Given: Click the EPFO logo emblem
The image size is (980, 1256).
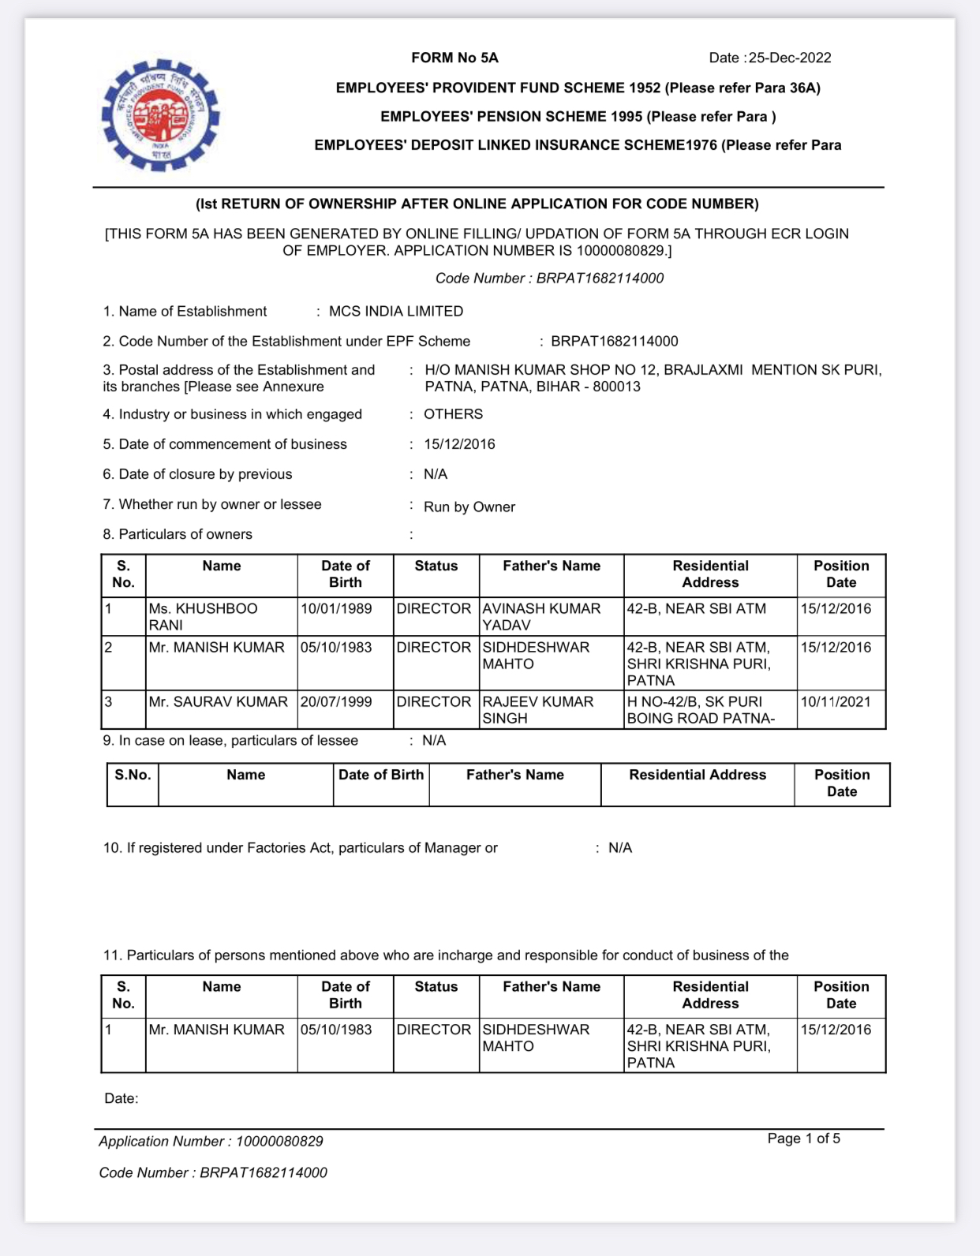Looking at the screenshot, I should pos(160,115).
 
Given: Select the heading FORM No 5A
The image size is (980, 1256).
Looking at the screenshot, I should pos(454,58).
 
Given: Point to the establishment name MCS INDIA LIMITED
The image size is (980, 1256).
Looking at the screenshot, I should pos(395,312).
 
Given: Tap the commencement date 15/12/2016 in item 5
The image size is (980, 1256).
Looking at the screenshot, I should pos(459,444).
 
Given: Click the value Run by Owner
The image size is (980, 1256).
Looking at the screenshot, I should pos(469,507).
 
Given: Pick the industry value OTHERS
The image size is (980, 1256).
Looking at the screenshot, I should pos(453,414).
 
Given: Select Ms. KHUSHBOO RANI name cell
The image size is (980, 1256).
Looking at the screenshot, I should pos(203,617).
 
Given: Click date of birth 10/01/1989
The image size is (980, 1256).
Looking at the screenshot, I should pos(336,609).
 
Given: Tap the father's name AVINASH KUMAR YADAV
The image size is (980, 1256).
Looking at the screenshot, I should pos(541,617).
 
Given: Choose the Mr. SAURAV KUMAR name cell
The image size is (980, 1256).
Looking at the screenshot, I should pos(218,702).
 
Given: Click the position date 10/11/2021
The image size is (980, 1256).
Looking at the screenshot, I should pos(836,702).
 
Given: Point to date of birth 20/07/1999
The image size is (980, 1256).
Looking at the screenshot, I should pos(336,702).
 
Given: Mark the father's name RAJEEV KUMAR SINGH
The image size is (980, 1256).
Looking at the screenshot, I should pos(537,710).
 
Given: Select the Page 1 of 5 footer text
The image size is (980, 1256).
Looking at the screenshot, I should pos(803,1138).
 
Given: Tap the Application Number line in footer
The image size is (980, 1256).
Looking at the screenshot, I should pos(211,1142).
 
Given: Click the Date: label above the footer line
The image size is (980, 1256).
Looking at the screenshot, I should pos(121,1099).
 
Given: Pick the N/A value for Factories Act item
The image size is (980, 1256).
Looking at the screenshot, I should pos(619,848).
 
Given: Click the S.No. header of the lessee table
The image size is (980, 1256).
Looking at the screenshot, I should pos(133,776).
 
